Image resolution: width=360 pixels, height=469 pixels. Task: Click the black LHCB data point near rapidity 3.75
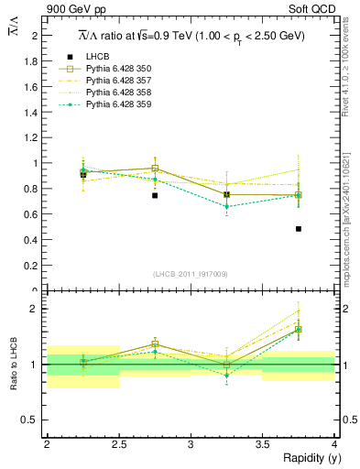coord(299,229)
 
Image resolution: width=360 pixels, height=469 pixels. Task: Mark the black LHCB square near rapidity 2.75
coord(155,195)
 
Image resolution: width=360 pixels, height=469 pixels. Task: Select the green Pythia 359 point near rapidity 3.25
coord(226,206)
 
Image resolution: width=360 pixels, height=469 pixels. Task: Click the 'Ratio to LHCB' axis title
coord(15,365)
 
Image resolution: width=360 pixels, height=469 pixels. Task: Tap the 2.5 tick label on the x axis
coord(118,444)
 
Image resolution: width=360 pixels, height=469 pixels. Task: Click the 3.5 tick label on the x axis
coord(262,444)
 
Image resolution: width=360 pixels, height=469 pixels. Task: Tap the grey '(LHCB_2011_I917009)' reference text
coord(191,274)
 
